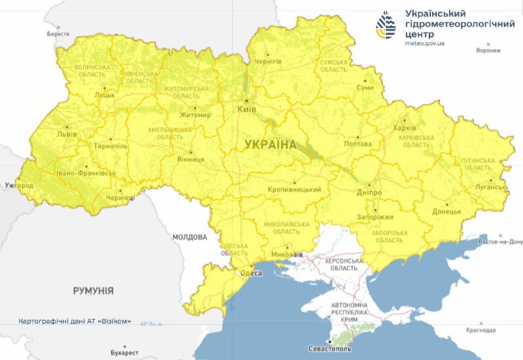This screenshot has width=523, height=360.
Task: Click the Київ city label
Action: tap(246, 109)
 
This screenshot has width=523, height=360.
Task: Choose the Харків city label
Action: tap(404, 128)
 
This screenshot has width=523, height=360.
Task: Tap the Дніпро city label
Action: tap(369, 193)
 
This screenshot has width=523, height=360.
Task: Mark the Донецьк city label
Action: tap(447, 212)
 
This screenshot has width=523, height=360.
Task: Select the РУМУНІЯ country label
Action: tap(93, 290)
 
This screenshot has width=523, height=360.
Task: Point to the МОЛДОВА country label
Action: tap(190, 237)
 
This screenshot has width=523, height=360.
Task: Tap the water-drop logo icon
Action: tap(386, 26)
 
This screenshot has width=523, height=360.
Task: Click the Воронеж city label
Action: tap(488, 50)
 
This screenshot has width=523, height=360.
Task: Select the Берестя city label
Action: tap(58, 33)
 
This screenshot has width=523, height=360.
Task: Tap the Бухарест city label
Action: tap(124, 352)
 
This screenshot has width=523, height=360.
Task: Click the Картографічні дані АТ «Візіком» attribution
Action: tap(75, 321)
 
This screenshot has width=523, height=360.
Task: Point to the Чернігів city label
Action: tap(268, 61)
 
